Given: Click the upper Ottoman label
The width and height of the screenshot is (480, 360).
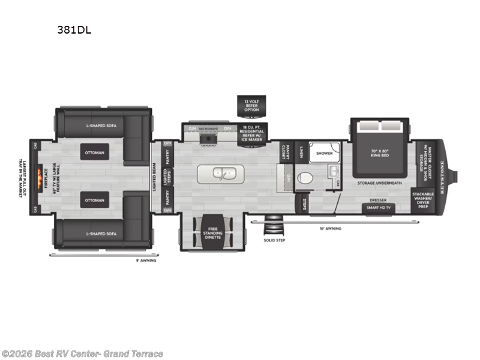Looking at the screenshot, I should (x=94, y=152).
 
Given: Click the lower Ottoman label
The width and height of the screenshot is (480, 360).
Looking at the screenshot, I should (x=94, y=200).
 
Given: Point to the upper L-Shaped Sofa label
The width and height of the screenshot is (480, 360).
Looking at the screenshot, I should (x=101, y=125).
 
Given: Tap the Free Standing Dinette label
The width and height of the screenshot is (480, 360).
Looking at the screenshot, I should (x=213, y=232).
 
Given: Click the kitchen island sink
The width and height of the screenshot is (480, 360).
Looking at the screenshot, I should (x=220, y=174).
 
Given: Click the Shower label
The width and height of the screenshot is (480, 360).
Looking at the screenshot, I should (x=325, y=153).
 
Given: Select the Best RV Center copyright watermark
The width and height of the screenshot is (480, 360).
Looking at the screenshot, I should (x=82, y=353).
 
